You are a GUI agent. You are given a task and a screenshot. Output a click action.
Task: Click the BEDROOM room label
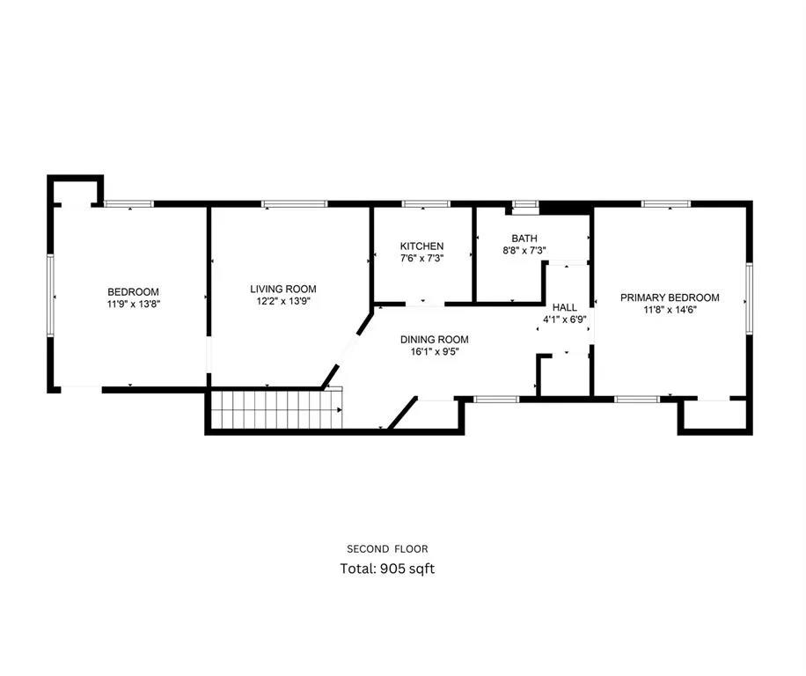[133, 292]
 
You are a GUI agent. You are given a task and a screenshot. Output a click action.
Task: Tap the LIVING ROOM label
[282, 289]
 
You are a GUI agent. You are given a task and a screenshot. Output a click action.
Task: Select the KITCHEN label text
[421, 246]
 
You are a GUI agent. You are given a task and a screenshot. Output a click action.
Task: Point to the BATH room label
[524, 239]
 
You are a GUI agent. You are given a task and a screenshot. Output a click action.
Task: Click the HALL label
[564, 307]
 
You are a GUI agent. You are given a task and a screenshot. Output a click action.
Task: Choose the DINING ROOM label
[434, 340]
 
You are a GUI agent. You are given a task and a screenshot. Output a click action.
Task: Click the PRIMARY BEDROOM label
[670, 298]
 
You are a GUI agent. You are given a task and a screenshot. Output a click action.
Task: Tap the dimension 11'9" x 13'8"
[133, 305]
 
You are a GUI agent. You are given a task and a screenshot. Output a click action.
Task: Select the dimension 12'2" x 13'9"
[282, 301]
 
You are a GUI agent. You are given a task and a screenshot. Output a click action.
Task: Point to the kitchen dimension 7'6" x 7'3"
[421, 259]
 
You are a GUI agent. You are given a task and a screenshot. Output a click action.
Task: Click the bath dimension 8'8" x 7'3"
[524, 250]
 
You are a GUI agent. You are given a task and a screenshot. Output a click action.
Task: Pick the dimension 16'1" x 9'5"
[434, 351]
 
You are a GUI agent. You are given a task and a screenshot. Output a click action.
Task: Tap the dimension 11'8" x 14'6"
[670, 310]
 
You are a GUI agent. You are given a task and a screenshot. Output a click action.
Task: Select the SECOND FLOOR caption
[387, 549]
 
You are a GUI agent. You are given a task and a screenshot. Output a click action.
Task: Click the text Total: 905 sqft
[387, 569]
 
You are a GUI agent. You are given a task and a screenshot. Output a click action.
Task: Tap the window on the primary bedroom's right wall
[749, 298]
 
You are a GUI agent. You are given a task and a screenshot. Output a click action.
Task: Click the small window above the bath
[525, 206]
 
